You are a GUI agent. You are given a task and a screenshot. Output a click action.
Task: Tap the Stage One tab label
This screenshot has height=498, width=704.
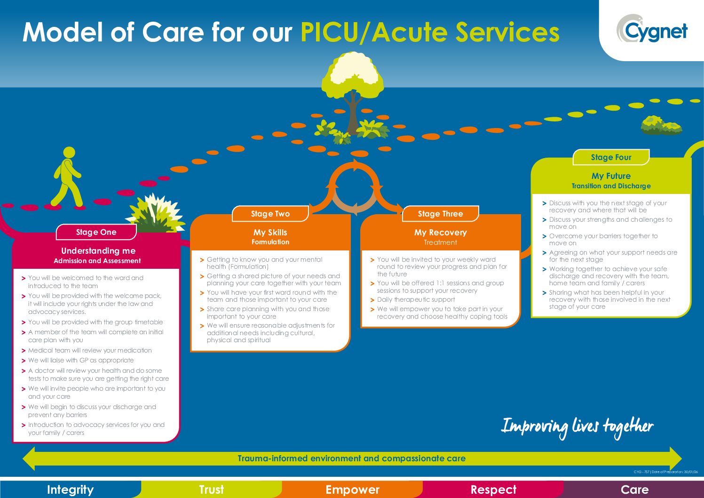click(96, 232)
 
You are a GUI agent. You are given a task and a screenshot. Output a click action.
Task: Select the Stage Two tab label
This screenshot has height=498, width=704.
click(270, 214)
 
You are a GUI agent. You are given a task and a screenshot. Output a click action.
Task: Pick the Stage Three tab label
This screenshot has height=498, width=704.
click(440, 214)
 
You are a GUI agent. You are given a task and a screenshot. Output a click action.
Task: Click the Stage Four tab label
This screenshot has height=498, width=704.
click(611, 157)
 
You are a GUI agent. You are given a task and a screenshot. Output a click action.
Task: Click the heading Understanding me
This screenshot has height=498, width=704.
click(98, 251)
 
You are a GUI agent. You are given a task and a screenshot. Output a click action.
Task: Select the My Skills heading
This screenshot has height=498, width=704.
click(270, 233)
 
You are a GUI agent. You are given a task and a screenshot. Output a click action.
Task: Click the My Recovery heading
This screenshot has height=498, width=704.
click(440, 233)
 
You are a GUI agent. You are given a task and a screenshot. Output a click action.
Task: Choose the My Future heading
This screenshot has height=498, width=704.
click(611, 176)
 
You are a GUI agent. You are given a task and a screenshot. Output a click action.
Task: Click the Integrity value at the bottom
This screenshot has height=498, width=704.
click(70, 490)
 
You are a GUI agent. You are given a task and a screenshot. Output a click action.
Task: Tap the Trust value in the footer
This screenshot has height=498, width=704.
click(211, 490)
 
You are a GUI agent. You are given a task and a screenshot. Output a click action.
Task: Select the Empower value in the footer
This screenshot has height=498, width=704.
click(352, 490)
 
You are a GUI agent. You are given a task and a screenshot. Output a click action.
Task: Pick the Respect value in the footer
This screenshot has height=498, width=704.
click(493, 490)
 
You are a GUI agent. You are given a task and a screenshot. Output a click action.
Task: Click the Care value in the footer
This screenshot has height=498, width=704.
click(634, 490)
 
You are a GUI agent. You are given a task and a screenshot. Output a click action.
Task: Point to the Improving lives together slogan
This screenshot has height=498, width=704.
click(577, 426)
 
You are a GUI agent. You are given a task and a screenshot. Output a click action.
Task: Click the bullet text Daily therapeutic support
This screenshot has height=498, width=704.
click(416, 300)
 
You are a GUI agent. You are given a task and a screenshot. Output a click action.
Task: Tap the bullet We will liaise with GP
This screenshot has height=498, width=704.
click(81, 361)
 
